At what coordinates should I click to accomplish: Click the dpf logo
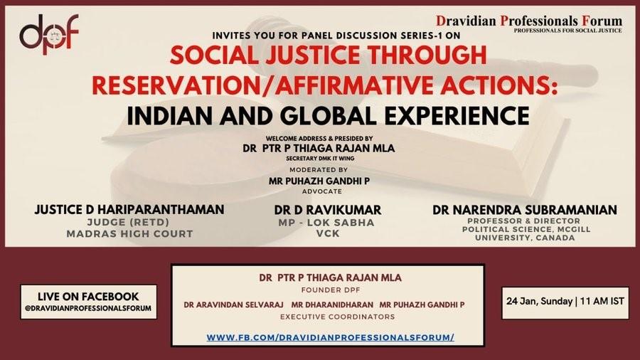48,35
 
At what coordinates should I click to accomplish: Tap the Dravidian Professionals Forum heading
529,21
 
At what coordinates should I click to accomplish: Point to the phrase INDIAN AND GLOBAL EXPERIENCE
328,116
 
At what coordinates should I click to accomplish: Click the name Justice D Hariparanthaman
129,210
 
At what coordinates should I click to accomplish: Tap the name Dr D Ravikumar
328,210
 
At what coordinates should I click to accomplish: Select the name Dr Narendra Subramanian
525,210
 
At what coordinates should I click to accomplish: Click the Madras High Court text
129,234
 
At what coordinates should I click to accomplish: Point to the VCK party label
328,234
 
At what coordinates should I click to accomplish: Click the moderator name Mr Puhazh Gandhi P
319,181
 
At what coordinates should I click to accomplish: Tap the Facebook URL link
330,337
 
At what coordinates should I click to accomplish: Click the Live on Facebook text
88,297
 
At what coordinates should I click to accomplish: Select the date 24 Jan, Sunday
539,302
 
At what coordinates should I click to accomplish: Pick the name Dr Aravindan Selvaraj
233,305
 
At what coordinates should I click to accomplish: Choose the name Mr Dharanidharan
332,305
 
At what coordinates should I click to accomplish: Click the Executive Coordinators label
338,317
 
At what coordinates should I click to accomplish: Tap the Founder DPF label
331,290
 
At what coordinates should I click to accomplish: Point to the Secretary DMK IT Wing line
320,159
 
